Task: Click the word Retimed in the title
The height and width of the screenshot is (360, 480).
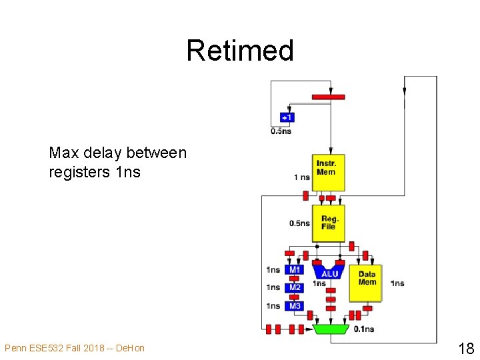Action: (240, 51)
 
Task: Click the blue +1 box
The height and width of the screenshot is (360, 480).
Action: (287, 117)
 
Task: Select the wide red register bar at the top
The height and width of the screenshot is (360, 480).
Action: (328, 97)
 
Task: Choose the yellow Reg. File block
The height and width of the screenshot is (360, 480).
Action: (328, 223)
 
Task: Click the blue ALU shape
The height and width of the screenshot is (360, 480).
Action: (330, 272)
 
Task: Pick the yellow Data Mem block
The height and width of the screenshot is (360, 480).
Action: (367, 278)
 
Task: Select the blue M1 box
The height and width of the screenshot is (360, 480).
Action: (295, 270)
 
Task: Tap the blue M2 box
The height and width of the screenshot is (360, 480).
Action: (295, 288)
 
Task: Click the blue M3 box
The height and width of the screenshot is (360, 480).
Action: (295, 306)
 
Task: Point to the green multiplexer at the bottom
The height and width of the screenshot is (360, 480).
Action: (331, 329)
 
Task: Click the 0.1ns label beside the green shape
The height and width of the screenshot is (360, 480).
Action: (364, 329)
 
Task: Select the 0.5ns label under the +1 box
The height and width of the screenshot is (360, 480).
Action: (281, 131)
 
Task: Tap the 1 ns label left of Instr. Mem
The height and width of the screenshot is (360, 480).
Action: (301, 177)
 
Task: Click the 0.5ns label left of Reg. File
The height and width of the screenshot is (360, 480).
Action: (299, 223)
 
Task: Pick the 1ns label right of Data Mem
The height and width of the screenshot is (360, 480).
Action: (397, 283)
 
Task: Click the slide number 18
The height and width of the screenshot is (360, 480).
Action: (465, 347)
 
